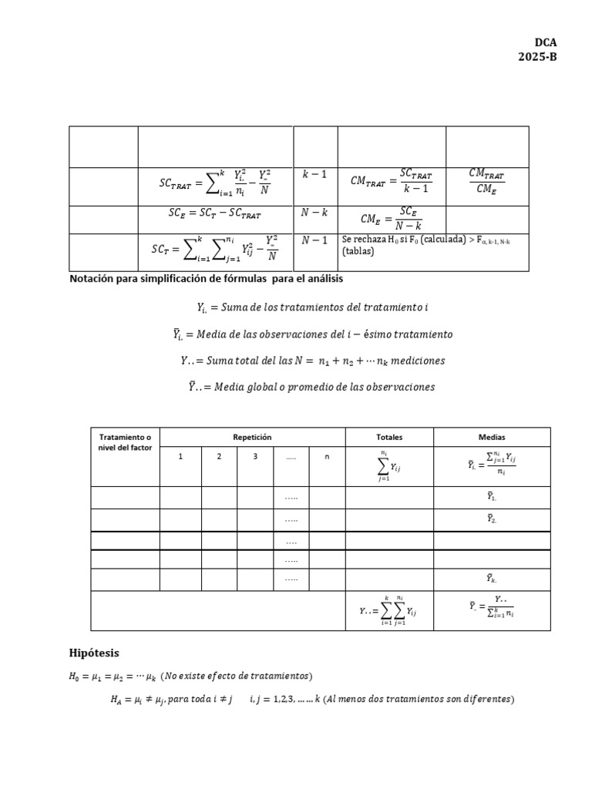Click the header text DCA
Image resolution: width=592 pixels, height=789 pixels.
tap(545, 43)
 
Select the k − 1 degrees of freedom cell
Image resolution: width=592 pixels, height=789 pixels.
tap(314, 175)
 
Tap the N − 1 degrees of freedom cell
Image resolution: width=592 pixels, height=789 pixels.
tap(314, 240)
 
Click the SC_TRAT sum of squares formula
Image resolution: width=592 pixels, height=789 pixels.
tap(215, 184)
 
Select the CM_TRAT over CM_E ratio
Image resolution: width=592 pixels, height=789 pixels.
tap(487, 182)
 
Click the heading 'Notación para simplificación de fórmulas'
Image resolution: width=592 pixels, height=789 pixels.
tap(206, 278)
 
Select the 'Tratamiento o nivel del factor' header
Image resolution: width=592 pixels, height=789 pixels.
tap(125, 442)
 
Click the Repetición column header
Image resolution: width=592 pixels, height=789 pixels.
tap(252, 437)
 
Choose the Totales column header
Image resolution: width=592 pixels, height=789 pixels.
tap(389, 437)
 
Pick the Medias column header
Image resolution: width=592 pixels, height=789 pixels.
tap(492, 437)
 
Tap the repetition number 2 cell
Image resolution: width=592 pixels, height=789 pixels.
tap(219, 457)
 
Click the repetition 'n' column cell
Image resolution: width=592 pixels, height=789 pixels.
tap(326, 457)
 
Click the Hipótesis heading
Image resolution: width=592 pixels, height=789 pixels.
tap(94, 653)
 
